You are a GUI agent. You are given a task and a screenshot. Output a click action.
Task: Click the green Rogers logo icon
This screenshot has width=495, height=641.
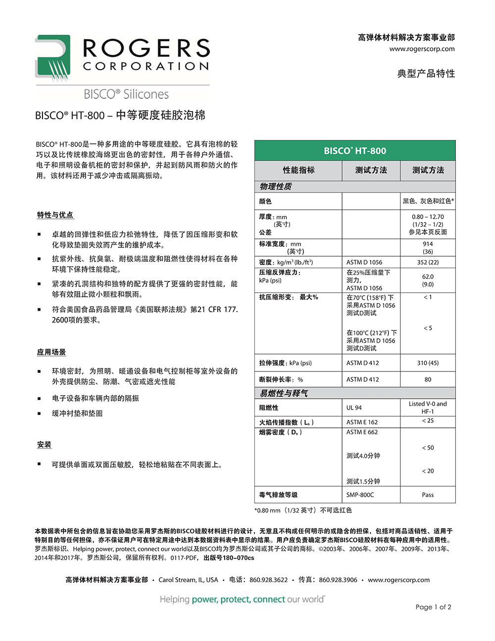[52, 57]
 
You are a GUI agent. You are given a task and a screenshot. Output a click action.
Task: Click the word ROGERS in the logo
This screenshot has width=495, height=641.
[146, 48]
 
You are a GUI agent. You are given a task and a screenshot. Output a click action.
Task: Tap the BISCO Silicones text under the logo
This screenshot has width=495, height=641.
[126, 94]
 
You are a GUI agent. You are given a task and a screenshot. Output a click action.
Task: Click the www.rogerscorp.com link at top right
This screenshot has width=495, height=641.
[422, 48]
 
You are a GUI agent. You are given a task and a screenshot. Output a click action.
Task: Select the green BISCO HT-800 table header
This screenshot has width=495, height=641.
[355, 151]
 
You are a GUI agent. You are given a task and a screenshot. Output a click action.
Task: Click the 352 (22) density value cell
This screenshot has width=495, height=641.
[428, 262]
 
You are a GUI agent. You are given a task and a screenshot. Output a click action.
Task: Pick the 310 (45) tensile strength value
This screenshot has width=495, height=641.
[428, 363]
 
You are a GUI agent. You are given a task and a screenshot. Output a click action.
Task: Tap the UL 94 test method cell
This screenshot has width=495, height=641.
[354, 408]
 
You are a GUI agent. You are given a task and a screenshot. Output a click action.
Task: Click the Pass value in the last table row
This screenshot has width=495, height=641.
[428, 495]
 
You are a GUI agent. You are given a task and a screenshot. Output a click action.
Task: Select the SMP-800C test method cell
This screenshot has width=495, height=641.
[360, 495]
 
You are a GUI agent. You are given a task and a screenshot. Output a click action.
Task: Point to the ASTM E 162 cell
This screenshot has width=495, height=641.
[362, 422]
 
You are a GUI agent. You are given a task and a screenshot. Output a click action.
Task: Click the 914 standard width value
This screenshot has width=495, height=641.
[428, 244]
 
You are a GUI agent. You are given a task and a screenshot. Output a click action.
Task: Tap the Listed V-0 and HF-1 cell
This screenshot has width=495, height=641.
[428, 407]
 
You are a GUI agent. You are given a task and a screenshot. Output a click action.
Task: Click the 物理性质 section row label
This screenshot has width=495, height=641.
[276, 186]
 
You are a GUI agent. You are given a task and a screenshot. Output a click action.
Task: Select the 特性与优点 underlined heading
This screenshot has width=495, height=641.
[55, 215]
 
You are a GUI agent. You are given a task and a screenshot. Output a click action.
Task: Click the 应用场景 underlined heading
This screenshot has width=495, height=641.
[51, 352]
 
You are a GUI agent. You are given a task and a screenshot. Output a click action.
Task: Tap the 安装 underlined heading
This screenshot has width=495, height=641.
[44, 444]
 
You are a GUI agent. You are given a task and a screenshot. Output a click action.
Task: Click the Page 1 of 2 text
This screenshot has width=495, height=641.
[433, 607]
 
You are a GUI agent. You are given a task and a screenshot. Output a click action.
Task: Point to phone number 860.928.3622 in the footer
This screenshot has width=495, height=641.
[268, 580]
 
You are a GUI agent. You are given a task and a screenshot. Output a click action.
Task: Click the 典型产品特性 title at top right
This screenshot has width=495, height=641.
[426, 73]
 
